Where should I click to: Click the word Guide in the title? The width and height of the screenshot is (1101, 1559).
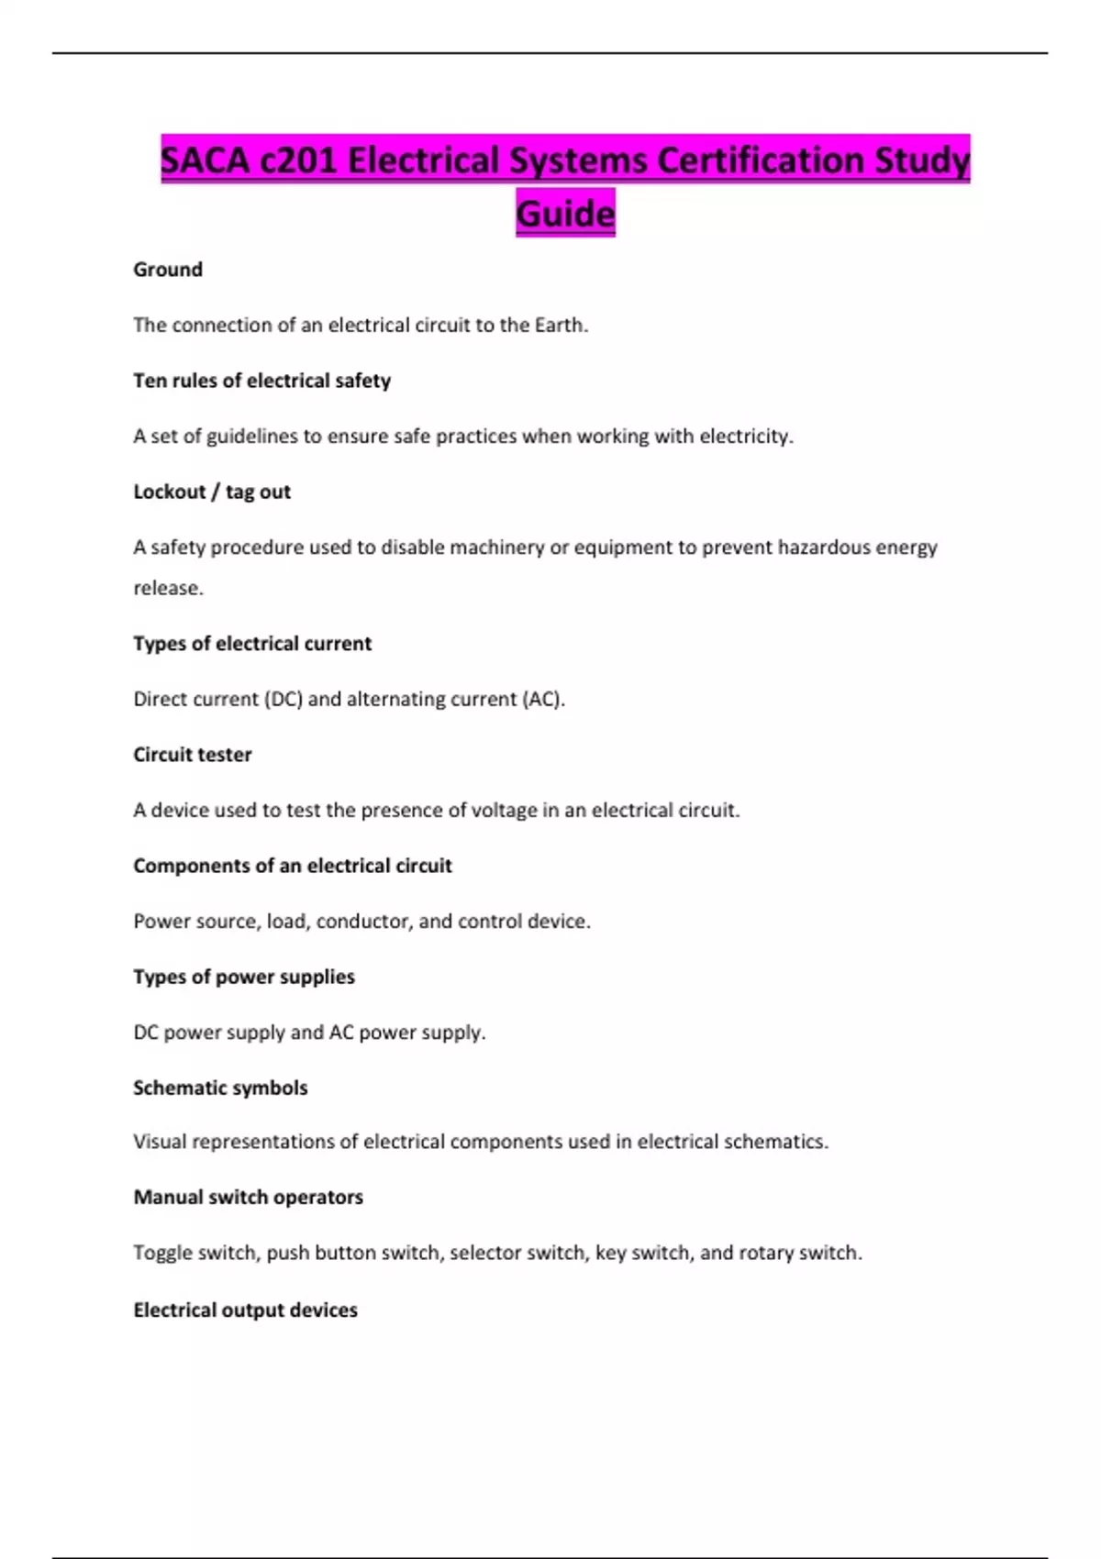(x=565, y=214)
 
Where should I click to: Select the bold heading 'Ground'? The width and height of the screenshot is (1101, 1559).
(x=168, y=270)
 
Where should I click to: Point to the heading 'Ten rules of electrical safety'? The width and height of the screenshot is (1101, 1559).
(x=261, y=381)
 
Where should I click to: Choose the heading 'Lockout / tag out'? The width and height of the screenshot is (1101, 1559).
(x=212, y=492)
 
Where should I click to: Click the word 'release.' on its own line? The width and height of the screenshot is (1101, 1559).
(x=168, y=588)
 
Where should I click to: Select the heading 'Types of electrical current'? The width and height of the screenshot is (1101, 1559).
(x=252, y=644)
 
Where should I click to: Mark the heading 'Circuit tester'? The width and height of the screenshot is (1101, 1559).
(x=193, y=755)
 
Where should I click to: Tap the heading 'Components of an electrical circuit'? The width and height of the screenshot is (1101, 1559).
(x=293, y=866)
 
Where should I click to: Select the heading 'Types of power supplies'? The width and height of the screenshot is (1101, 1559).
(x=244, y=977)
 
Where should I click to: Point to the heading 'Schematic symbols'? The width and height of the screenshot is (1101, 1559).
(x=220, y=1088)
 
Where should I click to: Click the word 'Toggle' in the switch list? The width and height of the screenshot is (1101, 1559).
(x=162, y=1253)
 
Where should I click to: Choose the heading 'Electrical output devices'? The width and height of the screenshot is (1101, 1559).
(x=245, y=1310)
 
